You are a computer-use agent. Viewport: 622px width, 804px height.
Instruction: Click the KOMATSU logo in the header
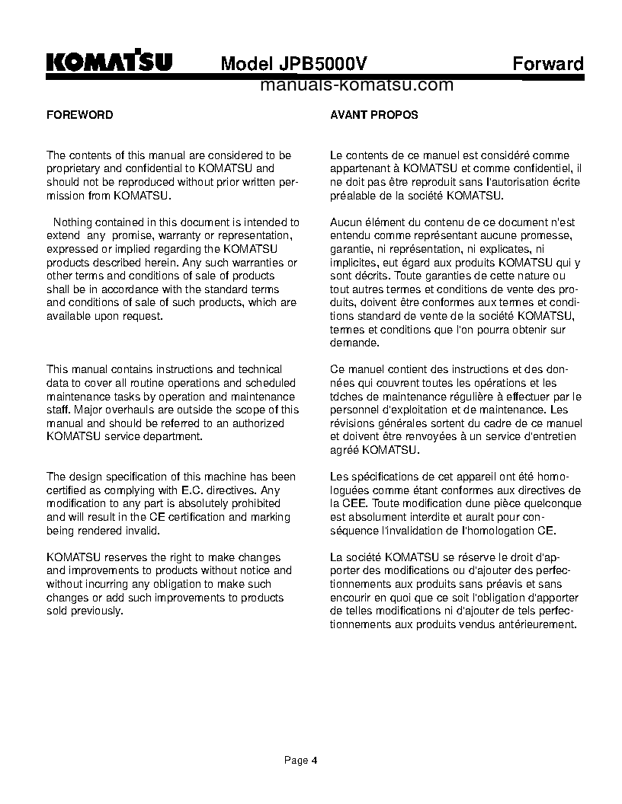point(109,62)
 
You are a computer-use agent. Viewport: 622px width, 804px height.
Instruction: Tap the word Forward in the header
point(547,63)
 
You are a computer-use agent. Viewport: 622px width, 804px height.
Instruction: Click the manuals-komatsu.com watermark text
point(356,85)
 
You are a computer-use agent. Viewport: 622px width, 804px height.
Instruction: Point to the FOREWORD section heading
point(80,115)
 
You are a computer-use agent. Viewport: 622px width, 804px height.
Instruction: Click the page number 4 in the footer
point(313,760)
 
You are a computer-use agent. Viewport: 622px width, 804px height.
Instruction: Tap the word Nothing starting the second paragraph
point(73,222)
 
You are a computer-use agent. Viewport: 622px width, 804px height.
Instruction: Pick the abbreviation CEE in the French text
point(356,503)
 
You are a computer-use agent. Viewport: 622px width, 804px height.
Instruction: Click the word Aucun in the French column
point(345,222)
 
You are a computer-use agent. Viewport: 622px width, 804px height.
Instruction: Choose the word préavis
point(486,584)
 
